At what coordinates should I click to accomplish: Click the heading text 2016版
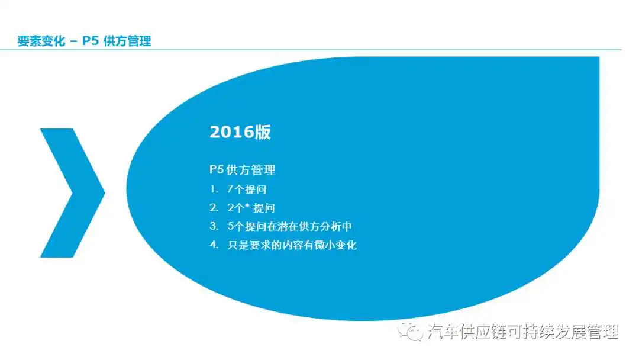coord(240,132)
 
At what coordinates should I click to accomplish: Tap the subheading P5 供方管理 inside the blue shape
coord(243,169)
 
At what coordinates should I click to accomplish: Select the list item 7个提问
coord(247,189)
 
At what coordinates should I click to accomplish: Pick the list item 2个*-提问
coord(251,208)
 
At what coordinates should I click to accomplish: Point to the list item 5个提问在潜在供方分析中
coord(289,226)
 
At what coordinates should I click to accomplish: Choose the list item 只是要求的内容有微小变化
coord(292,245)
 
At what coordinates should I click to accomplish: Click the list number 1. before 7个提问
coord(214,189)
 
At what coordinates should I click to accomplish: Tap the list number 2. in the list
coord(214,208)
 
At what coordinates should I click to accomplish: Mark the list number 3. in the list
coord(214,226)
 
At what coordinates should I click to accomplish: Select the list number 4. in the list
coord(214,245)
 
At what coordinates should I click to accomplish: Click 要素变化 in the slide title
coord(41,41)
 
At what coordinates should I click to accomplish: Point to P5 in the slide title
coord(91,41)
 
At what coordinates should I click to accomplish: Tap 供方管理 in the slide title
coord(128,41)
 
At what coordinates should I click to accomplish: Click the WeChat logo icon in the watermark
coord(410,332)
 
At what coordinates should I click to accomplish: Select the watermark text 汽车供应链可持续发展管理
coord(523,332)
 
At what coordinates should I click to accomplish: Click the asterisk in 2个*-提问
coord(247,205)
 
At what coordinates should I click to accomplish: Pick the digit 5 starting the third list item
coord(231,226)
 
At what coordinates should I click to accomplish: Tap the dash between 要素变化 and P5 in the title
coord(73,41)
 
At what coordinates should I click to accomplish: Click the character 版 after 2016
coord(263,132)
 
